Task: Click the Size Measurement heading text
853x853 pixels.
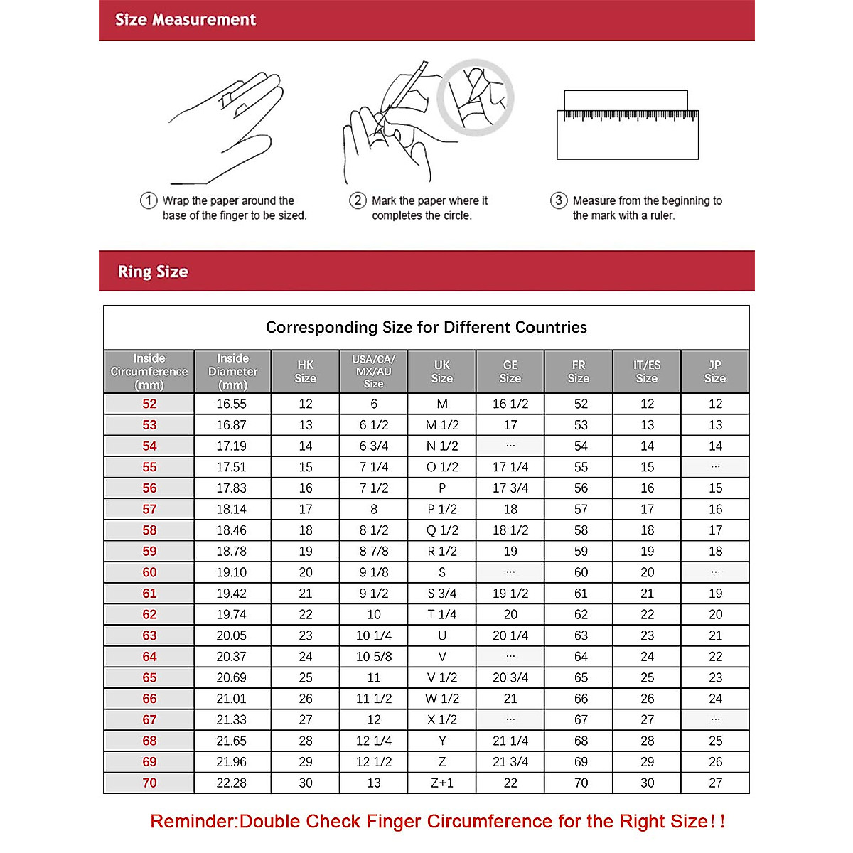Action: [x=186, y=20]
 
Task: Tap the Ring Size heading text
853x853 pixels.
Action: [x=153, y=272]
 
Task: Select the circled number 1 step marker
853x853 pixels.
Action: [x=148, y=200]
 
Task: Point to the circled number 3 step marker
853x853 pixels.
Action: [x=559, y=200]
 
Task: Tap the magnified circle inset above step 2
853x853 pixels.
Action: [x=475, y=97]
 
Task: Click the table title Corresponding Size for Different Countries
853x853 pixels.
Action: [x=426, y=327]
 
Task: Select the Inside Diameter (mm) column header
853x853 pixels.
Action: [x=232, y=372]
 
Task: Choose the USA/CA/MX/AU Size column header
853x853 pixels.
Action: [x=373, y=372]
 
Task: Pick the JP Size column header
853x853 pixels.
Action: [x=715, y=372]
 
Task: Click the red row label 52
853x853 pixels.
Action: [x=149, y=404]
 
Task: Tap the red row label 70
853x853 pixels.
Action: [x=149, y=783]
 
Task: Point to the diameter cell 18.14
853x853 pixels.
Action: [x=232, y=509]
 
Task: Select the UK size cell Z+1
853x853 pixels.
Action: [x=442, y=783]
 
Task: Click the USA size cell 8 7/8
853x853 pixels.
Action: [x=374, y=551]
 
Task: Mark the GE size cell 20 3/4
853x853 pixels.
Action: [x=510, y=677]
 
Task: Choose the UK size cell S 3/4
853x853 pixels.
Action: [x=442, y=594]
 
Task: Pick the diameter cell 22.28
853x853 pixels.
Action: [x=232, y=783]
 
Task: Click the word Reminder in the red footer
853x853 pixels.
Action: [x=192, y=822]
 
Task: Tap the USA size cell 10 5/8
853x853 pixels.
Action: [x=374, y=657]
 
